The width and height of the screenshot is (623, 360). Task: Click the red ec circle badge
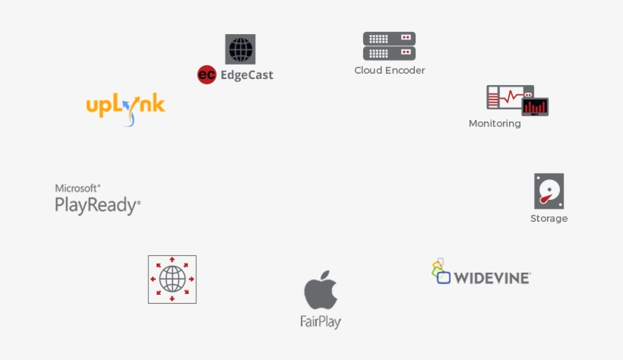click(207, 74)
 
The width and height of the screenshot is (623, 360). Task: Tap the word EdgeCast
click(247, 75)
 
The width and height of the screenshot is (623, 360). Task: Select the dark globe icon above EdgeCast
click(240, 49)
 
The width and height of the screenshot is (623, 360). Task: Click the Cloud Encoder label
click(389, 71)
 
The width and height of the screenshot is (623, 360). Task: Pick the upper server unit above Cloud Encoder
click(389, 39)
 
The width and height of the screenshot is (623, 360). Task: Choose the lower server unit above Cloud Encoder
click(389, 53)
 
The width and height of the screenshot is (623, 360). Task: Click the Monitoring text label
click(495, 124)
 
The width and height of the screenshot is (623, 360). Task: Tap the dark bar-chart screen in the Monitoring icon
click(535, 106)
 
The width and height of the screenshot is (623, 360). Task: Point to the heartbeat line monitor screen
click(510, 97)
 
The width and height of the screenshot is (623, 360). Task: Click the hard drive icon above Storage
click(549, 191)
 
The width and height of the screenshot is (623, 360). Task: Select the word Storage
click(549, 219)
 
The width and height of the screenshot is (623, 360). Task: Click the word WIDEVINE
click(492, 278)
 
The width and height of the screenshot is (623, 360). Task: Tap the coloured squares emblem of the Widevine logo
click(441, 271)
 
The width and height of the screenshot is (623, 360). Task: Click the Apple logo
click(321, 290)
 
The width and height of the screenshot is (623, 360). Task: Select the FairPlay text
click(321, 322)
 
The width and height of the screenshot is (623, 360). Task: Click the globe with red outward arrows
click(172, 279)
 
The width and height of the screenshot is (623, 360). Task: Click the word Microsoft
click(77, 188)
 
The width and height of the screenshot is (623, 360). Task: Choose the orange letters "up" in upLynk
click(99, 107)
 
